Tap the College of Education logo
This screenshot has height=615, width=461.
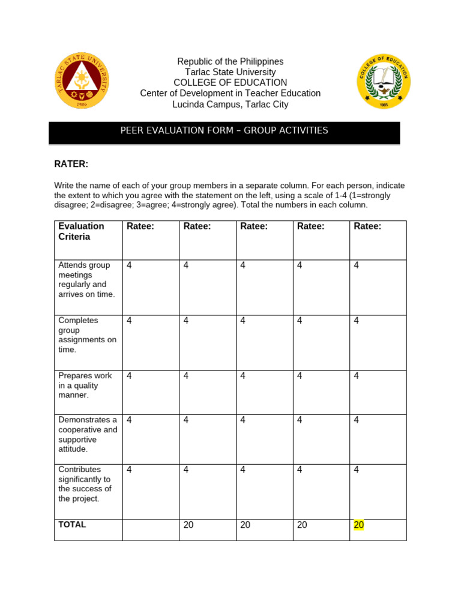tap(384, 82)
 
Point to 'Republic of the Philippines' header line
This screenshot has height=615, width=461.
tap(230, 62)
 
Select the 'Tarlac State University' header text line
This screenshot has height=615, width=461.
tap(230, 73)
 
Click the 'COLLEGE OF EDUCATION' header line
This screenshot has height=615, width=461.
tap(230, 83)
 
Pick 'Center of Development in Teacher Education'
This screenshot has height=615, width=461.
tap(230, 94)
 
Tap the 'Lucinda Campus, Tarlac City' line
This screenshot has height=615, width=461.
tap(230, 105)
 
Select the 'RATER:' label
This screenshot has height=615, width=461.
tap(71, 164)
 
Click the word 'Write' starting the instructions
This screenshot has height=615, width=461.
tap(65, 186)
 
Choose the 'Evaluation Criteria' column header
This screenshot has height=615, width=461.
tap(81, 231)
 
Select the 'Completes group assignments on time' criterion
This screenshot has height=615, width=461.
tap(87, 335)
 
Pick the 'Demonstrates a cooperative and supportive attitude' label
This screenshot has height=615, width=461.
tap(88, 434)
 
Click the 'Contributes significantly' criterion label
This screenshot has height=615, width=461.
tap(85, 483)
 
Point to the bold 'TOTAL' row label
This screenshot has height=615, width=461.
tap(72, 524)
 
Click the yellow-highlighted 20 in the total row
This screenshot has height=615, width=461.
tap(359, 525)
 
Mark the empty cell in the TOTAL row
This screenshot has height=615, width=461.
tap(151, 530)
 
